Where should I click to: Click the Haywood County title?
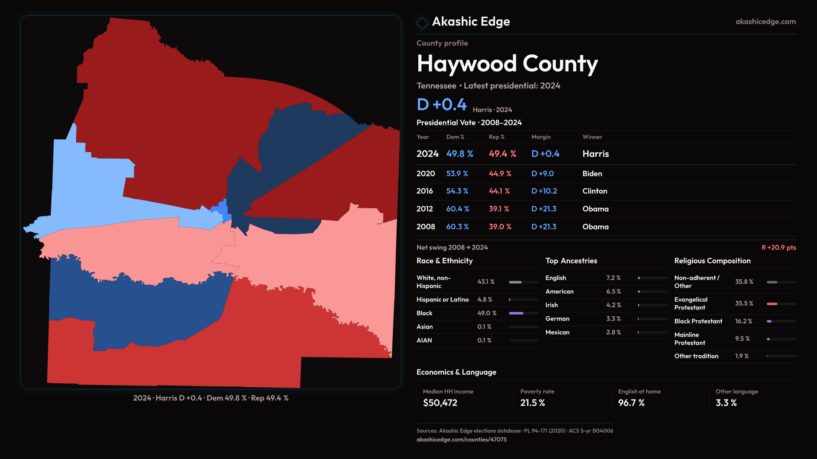[507, 64]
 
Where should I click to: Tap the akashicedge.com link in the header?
[766, 22]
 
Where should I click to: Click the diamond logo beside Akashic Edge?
[422, 23]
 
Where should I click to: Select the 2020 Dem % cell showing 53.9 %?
[457, 174]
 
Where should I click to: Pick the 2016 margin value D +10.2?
[544, 191]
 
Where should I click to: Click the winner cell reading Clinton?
[595, 191]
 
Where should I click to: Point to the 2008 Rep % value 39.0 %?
[500, 227]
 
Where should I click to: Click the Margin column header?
[541, 137]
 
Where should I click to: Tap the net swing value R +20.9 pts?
[779, 248]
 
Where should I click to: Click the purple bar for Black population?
[516, 313]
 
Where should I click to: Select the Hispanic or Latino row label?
[443, 300]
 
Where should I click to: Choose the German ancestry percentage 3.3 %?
[614, 319]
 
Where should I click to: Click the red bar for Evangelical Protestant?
[772, 304]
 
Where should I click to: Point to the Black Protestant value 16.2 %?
[744, 321]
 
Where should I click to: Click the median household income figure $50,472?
[440, 403]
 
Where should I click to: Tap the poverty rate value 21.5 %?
[532, 403]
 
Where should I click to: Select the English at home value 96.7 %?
[631, 403]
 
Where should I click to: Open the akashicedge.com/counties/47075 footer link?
[461, 440]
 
